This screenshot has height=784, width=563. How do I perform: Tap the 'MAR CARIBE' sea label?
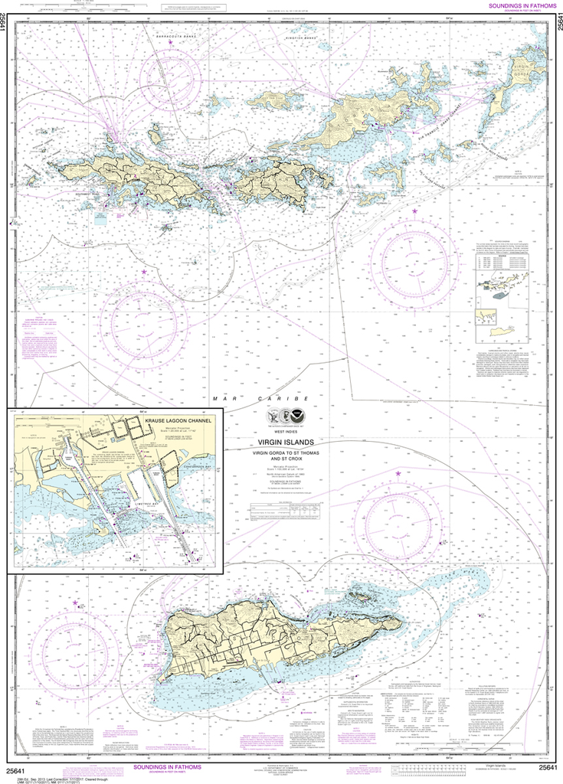point(260,399)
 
